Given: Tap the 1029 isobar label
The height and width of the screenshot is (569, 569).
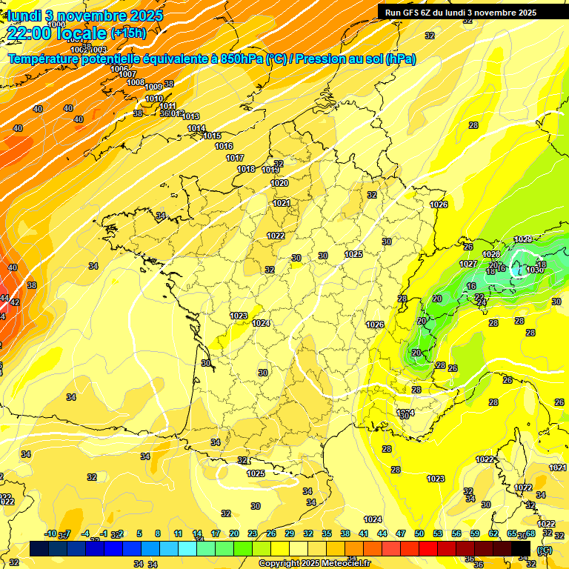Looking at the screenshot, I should click(x=523, y=239).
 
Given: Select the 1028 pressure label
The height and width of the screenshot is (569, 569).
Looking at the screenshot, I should click(x=491, y=254).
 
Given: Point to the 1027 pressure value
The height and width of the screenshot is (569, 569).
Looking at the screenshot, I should click(x=467, y=264).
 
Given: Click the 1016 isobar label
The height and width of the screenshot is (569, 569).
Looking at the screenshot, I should click(x=224, y=146).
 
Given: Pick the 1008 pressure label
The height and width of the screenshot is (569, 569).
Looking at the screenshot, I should click(x=136, y=81).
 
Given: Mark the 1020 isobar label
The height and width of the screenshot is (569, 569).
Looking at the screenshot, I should click(x=279, y=183).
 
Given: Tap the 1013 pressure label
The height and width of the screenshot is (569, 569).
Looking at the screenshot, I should click(x=191, y=116).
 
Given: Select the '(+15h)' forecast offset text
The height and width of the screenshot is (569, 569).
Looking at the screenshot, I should click(x=128, y=33).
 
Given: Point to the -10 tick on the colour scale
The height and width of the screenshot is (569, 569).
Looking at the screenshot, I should click(x=50, y=533).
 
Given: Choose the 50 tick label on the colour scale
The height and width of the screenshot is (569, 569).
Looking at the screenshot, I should click(x=419, y=533).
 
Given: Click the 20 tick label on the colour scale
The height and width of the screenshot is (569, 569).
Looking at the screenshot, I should click(x=233, y=533).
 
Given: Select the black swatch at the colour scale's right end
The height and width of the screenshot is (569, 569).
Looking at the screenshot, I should click(x=521, y=548).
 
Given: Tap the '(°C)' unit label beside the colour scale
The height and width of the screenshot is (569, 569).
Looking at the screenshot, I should click(x=545, y=549).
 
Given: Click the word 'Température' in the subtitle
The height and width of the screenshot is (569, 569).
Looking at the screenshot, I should click(x=43, y=59).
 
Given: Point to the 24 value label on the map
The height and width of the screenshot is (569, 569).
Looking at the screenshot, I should click(x=481, y=302).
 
